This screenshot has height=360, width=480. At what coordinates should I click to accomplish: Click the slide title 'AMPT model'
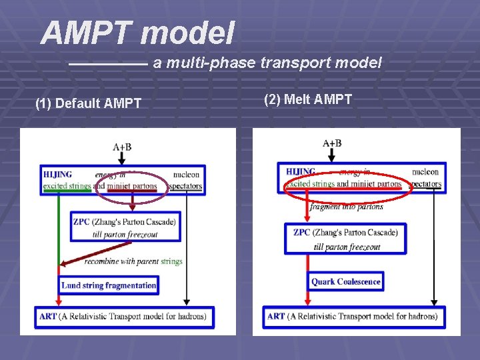tap(137, 33)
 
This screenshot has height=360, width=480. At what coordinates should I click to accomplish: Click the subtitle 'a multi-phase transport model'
tap(267, 63)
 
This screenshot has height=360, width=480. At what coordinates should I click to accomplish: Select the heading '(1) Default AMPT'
tap(88, 103)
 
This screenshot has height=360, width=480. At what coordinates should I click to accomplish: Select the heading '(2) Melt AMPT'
tap(308, 99)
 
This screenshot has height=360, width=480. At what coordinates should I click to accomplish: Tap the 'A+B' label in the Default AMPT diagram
tap(122, 147)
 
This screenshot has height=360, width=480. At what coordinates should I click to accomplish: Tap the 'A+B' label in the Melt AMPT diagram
tap(331, 143)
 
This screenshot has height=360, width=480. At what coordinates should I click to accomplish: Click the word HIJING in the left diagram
tap(58, 175)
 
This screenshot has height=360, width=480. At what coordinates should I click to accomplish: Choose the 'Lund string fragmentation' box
tap(109, 285)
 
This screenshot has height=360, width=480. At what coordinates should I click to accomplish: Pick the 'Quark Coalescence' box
tap(345, 281)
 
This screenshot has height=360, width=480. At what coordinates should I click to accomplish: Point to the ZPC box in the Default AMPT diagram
tap(125, 227)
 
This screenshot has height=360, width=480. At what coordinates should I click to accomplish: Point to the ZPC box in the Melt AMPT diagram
tap(345, 239)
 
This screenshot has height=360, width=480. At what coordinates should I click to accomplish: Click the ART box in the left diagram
tap(126, 317)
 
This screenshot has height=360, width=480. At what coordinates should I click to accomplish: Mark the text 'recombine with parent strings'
tap(133, 261)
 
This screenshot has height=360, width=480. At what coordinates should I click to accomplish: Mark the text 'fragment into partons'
tap(346, 207)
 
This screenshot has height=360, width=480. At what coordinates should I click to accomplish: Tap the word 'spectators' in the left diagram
tap(185, 186)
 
